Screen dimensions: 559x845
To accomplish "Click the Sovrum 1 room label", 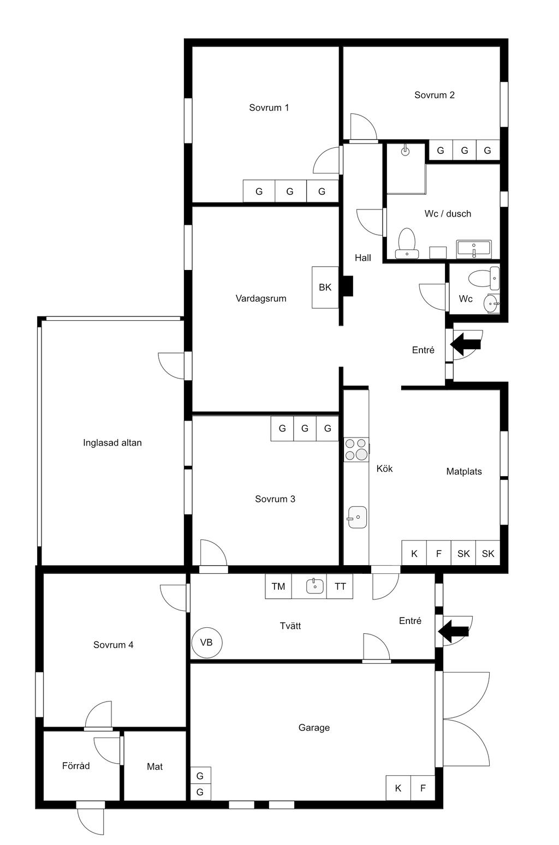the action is click(x=269, y=108).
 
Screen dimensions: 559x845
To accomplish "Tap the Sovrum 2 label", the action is click(x=435, y=95).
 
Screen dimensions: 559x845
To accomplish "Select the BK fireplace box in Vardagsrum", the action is click(x=325, y=287).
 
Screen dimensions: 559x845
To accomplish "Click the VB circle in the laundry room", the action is click(x=207, y=643).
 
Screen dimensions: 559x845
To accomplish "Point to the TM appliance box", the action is click(x=278, y=586).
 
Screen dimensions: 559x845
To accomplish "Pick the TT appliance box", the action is click(x=340, y=586).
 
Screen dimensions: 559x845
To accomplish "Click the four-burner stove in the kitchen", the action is click(x=356, y=450).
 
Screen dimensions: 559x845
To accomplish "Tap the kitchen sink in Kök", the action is click(x=357, y=517).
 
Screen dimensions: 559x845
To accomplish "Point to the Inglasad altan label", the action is click(x=112, y=443).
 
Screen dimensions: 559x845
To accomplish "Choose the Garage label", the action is click(x=314, y=728).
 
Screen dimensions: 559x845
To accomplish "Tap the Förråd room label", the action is click(x=76, y=766).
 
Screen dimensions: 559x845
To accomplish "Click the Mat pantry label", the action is click(x=154, y=766).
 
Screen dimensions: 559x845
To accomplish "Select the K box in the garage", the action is click(x=398, y=788).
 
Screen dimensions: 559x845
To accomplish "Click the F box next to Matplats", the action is click(x=438, y=553).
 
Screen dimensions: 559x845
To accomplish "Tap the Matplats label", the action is click(x=464, y=471).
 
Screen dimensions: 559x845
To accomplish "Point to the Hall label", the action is click(x=362, y=258).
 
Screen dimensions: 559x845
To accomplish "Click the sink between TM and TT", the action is click(x=315, y=586).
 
